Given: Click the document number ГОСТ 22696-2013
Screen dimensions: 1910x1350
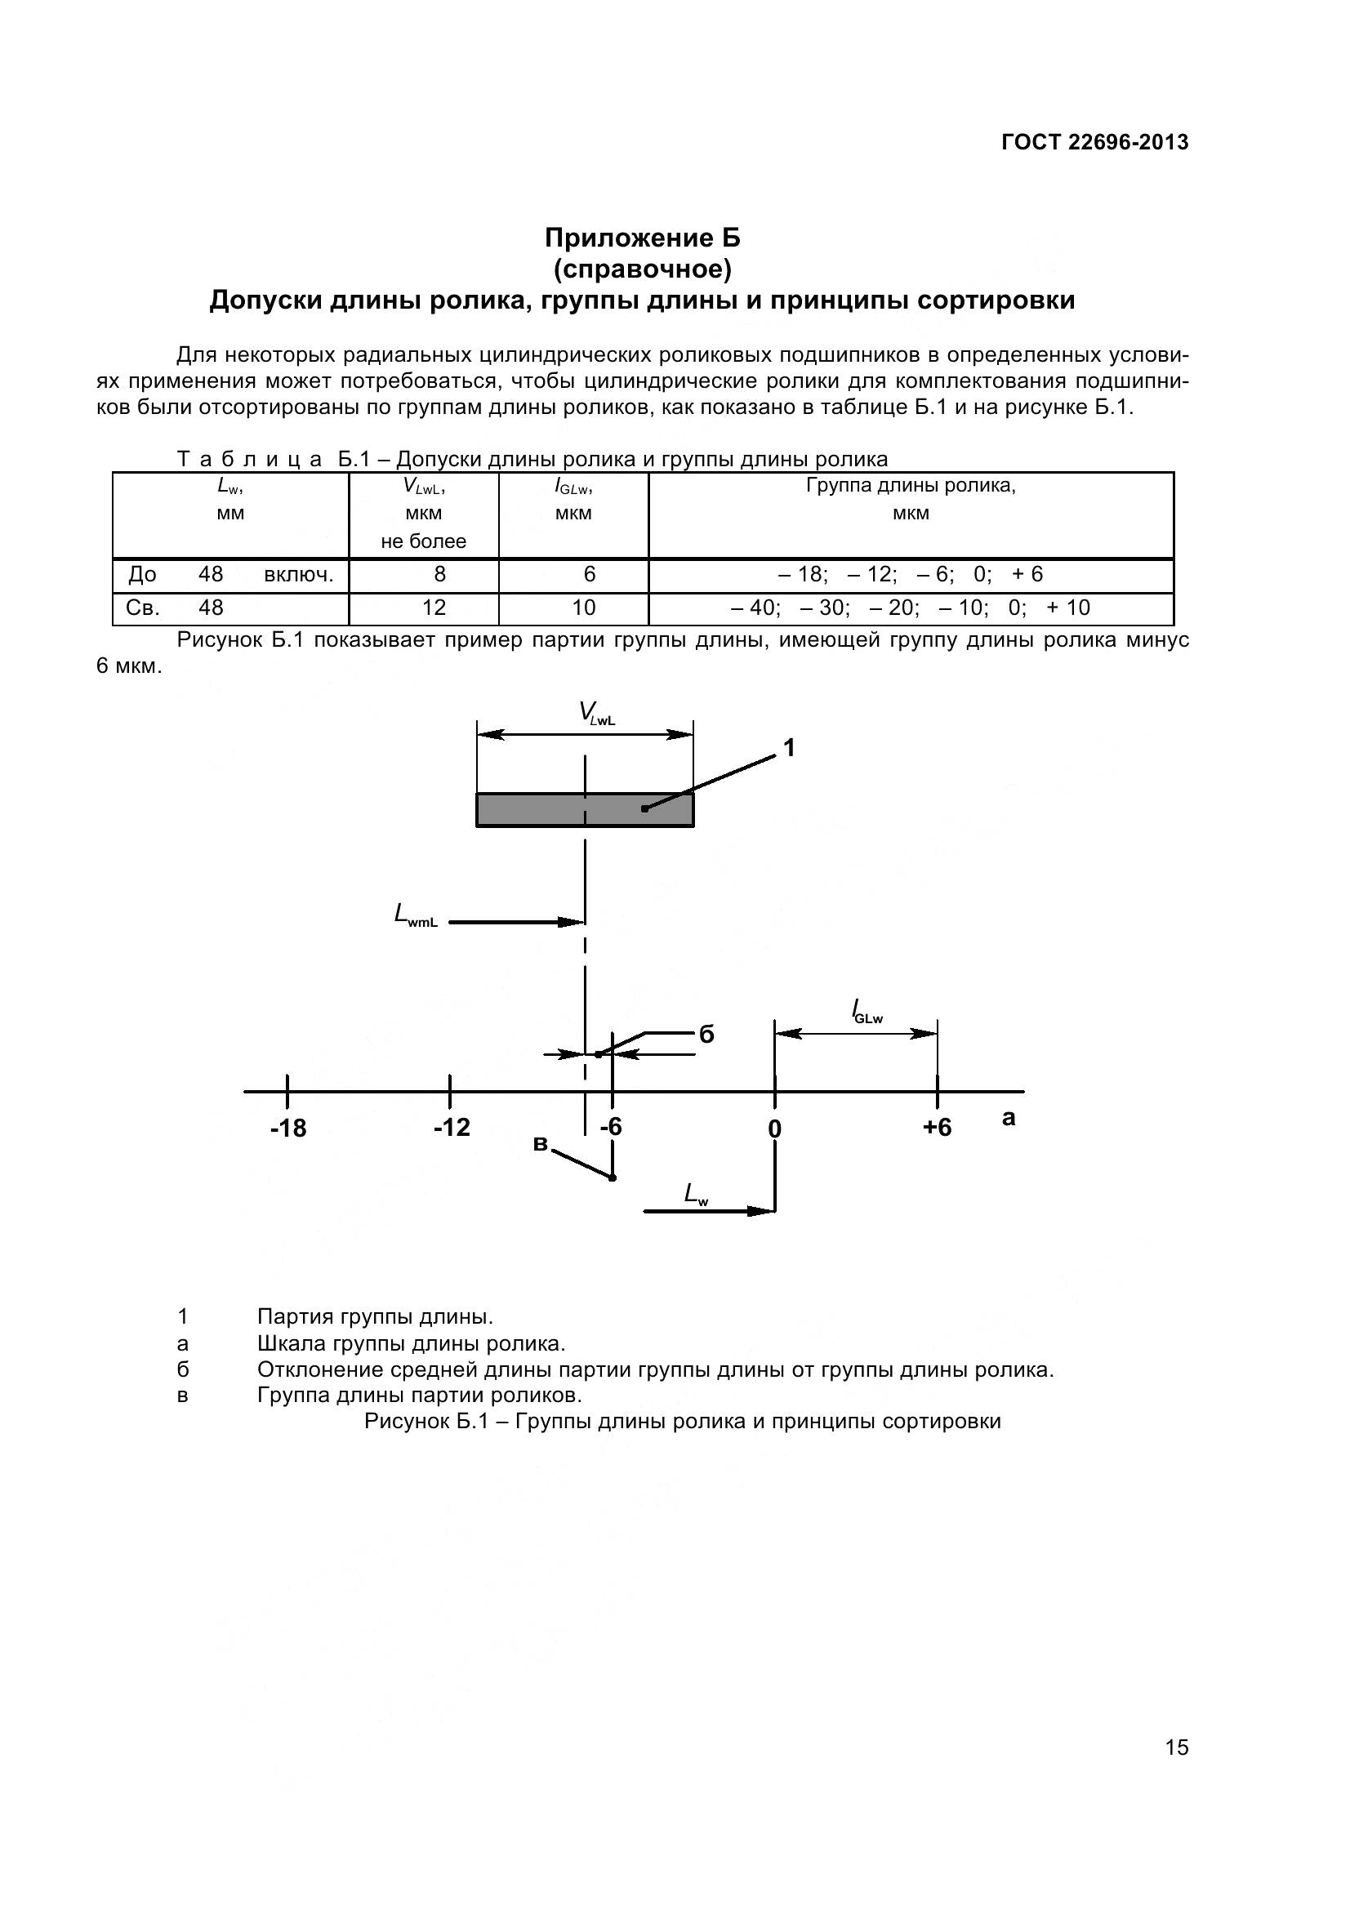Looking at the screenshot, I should pyautogui.click(x=1094, y=142).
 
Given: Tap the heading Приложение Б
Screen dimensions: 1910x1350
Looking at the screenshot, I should pyautogui.click(x=642, y=238).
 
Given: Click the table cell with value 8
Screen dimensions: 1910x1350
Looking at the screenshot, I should pyautogui.click(x=439, y=575).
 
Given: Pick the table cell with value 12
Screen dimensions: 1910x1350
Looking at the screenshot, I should pyautogui.click(x=434, y=608).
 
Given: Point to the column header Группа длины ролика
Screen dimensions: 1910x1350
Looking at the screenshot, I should pyautogui.click(x=911, y=486).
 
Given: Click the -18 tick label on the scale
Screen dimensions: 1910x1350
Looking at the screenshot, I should pyautogui.click(x=287, y=1129).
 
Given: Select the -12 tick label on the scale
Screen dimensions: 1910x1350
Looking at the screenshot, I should pyautogui.click(x=452, y=1128).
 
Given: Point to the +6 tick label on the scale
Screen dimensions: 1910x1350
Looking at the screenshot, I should pyautogui.click(x=937, y=1128).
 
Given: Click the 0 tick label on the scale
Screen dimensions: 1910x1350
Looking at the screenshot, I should pyautogui.click(x=774, y=1129).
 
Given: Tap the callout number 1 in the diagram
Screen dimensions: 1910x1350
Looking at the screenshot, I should pyautogui.click(x=790, y=749).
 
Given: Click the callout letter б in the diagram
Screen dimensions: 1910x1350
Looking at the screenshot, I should pyautogui.click(x=706, y=1034).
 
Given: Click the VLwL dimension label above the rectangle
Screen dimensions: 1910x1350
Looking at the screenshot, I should pyautogui.click(x=596, y=715).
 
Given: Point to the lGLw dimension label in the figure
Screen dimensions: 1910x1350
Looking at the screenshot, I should pyautogui.click(x=867, y=1013).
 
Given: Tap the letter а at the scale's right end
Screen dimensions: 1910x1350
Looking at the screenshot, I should pyautogui.click(x=1009, y=1119).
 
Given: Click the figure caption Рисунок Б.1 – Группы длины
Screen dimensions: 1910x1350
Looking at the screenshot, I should pyautogui.click(x=682, y=1422).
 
